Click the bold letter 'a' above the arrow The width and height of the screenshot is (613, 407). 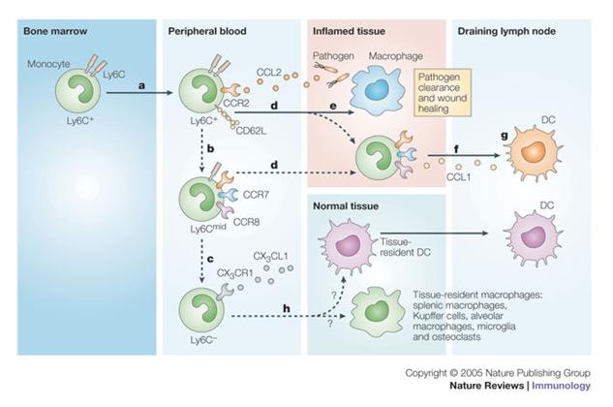pyautogui.click(x=141, y=85)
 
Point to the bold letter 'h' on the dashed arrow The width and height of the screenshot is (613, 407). pyautogui.click(x=284, y=307)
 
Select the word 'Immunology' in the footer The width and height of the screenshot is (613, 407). pyautogui.click(x=566, y=387)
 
